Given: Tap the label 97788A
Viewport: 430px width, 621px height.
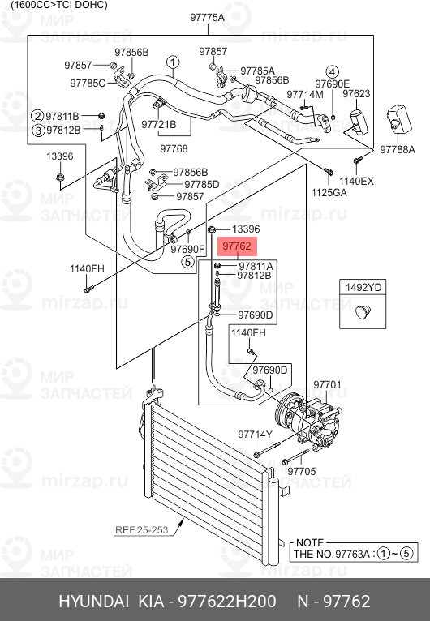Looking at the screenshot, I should [x=397, y=149].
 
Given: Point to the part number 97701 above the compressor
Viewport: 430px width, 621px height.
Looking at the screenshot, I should [x=328, y=384].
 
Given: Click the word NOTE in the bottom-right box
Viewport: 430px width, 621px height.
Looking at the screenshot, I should [x=310, y=542].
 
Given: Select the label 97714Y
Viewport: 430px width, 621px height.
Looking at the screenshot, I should [x=254, y=435].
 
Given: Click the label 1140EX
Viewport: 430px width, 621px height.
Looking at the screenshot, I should [x=356, y=181].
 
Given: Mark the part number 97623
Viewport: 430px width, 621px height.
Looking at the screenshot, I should [x=356, y=94].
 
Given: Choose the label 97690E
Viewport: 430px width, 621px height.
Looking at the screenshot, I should [x=333, y=84].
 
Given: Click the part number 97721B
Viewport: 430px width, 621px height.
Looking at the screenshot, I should [x=158, y=124].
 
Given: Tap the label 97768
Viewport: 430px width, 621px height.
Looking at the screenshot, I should [x=174, y=148].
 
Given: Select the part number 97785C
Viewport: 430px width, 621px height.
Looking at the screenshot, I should [x=88, y=83].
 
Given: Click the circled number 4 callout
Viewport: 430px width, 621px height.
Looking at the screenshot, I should [x=333, y=71].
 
